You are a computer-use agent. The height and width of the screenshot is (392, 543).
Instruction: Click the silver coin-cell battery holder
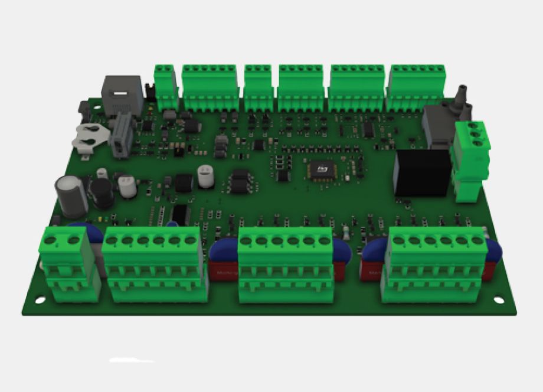click(90, 138)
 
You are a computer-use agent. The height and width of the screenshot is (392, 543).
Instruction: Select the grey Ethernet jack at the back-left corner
click(122, 94)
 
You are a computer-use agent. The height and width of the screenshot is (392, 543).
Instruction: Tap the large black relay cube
click(422, 172)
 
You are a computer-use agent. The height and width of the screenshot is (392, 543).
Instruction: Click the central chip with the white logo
click(322, 171)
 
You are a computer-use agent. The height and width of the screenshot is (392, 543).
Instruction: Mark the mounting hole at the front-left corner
click(40, 300)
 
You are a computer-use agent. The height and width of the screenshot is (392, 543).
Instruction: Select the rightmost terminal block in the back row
click(417, 87)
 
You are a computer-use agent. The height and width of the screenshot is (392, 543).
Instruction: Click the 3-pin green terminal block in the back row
click(258, 87)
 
